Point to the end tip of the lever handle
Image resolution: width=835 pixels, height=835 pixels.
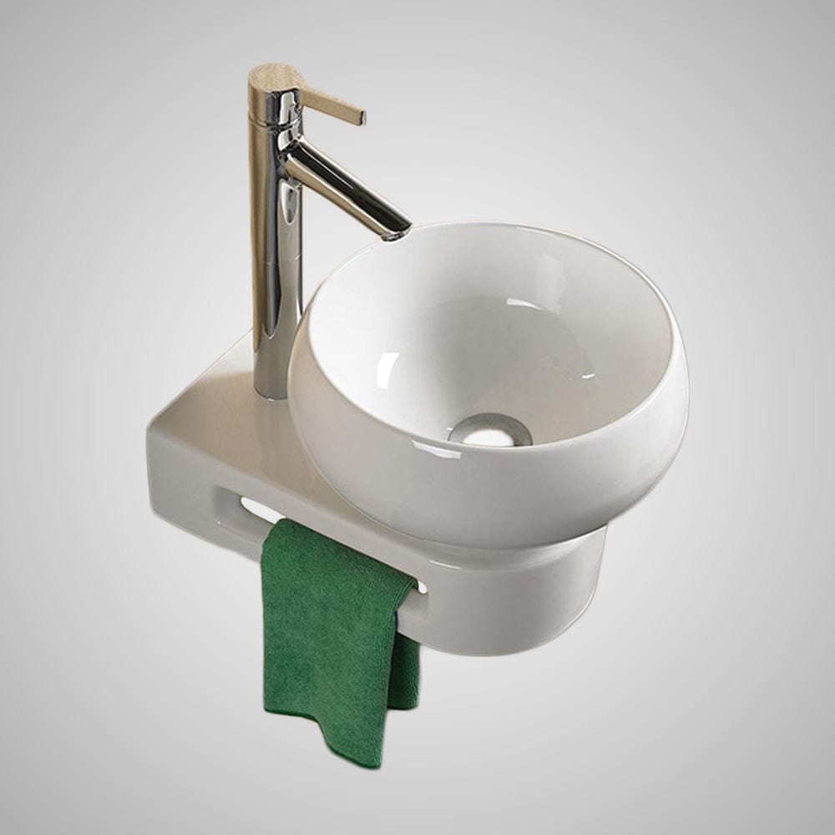point(362,117)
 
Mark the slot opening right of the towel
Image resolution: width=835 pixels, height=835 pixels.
point(423,587)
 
